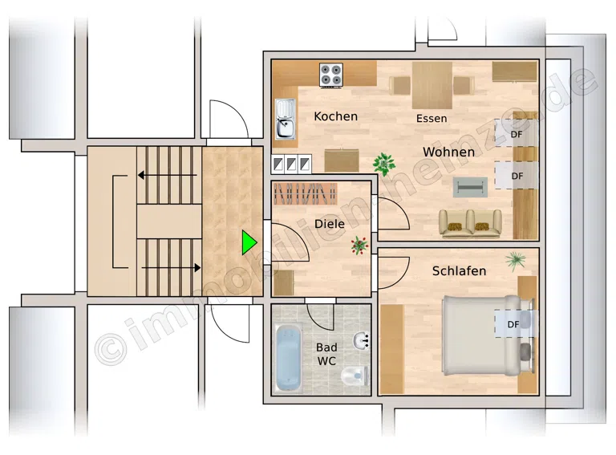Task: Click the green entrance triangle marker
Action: tap(249, 242)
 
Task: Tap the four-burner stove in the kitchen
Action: tap(330, 75)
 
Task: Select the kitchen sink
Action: tap(286, 119)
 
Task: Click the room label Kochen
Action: tap(335, 116)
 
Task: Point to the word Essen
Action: tap(432, 118)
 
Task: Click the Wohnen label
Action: tap(448, 152)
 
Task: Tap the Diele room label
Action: tap(330, 224)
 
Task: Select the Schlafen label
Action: tap(459, 270)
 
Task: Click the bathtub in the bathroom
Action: tap(289, 358)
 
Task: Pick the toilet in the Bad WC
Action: tap(355, 376)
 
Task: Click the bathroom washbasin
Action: tap(361, 340)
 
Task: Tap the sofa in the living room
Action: tap(470, 224)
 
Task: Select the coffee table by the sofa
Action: tap(470, 187)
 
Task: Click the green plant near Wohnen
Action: tap(384, 163)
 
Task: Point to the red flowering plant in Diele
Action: tap(359, 246)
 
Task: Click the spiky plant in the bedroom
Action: tap(516, 261)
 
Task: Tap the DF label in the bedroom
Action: tap(513, 324)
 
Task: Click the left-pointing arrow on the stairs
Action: tap(167, 175)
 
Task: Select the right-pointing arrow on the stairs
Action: tap(171, 267)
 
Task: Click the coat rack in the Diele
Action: tap(306, 194)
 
